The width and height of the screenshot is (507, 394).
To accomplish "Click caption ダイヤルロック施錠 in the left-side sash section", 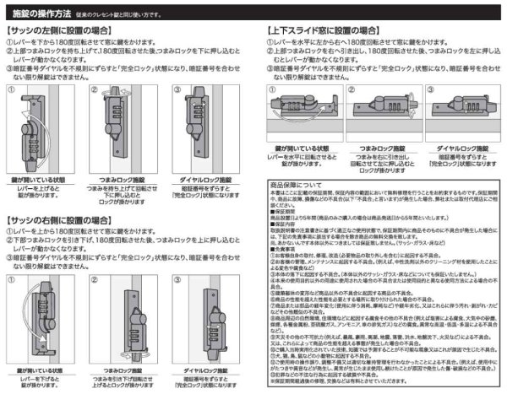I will [207, 180].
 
